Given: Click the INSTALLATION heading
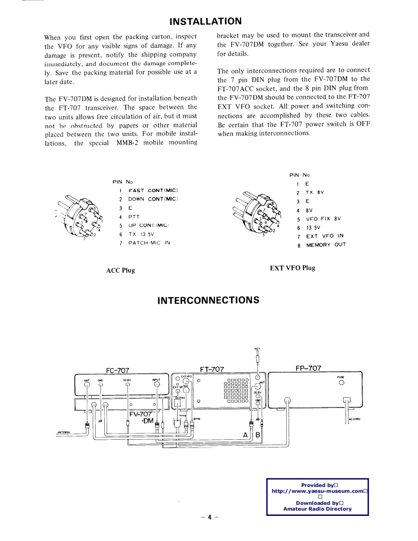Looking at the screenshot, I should [205, 21].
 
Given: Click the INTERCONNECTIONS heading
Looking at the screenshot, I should [209, 300].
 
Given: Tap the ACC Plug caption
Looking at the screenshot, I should [120, 270].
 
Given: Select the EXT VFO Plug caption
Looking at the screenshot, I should [292, 268].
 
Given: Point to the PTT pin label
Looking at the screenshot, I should [134, 217].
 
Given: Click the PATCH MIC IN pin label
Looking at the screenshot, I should [149, 243].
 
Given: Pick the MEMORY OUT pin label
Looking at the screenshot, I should [326, 244].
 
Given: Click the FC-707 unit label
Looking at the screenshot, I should [117, 370].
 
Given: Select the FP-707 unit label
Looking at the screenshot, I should [308, 368].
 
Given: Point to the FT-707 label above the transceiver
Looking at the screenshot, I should [212, 369].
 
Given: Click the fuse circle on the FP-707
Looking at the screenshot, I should [341, 383].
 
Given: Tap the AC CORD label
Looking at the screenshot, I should [354, 419].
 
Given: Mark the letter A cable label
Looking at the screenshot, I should [245, 436].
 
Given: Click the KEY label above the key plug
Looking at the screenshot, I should [257, 350].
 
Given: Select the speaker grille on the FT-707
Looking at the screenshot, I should [236, 391].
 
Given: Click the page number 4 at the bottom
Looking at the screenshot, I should [209, 517].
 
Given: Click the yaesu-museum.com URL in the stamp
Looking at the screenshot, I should [317, 491].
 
